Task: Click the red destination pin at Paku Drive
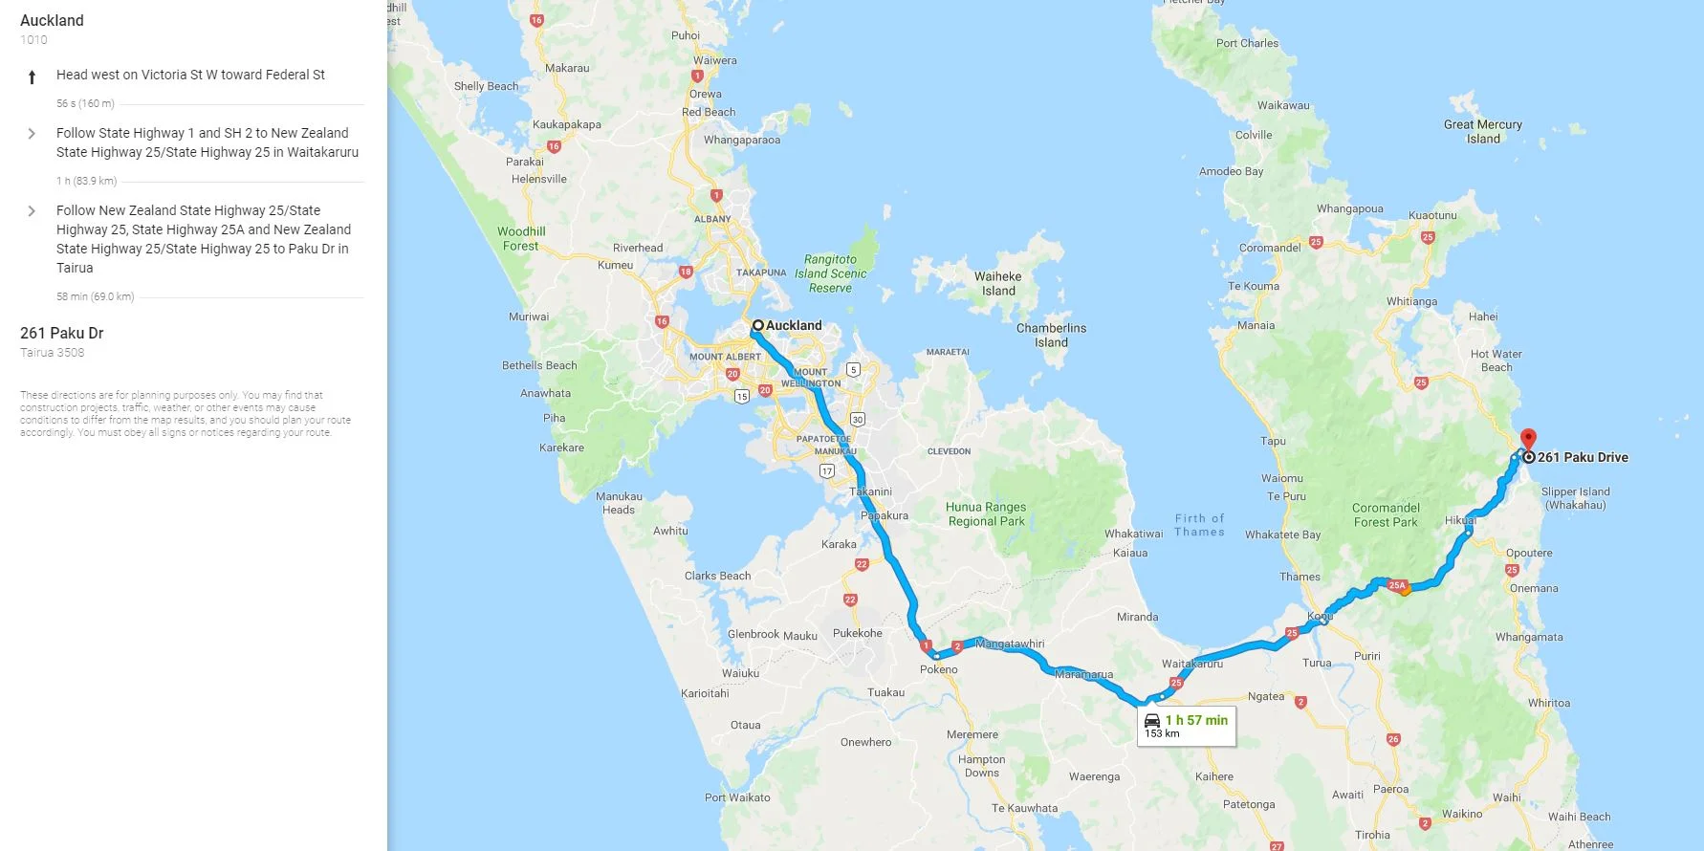[x=1528, y=439]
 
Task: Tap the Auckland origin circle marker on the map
[x=757, y=325]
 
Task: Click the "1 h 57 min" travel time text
[x=1195, y=720]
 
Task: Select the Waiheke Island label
[x=997, y=284]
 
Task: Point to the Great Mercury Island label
[x=1483, y=132]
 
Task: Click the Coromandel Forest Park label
[x=1386, y=515]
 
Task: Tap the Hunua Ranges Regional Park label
[x=986, y=514]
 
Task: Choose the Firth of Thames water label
[x=1199, y=525]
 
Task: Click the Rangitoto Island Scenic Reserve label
[x=830, y=273]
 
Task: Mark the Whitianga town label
[x=1411, y=301]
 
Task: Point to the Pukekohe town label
[x=857, y=633]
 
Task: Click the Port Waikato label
[x=736, y=797]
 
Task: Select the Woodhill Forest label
[x=521, y=238]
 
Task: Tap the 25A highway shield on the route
[x=1397, y=585]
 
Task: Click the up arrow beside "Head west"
[x=32, y=76]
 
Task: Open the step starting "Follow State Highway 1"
[x=207, y=142]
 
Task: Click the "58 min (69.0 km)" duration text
[x=95, y=296]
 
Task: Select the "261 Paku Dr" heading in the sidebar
[x=62, y=333]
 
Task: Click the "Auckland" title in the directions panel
[x=52, y=20]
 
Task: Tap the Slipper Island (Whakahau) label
[x=1575, y=498]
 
